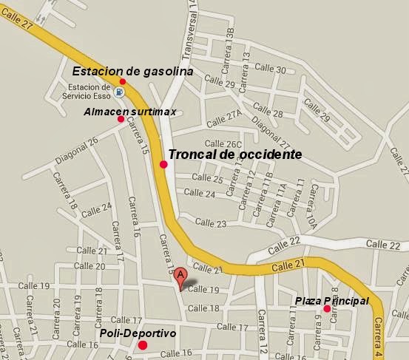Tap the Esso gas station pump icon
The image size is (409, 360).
[118, 92]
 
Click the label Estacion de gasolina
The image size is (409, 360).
[132, 71]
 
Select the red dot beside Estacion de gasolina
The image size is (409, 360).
[123, 81]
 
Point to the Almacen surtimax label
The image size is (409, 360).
[129, 110]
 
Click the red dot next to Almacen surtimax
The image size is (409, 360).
[121, 119]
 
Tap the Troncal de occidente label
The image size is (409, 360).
[234, 154]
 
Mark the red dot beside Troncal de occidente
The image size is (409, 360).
[163, 165]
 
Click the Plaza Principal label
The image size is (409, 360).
[331, 301]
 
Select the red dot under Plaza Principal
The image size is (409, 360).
[327, 308]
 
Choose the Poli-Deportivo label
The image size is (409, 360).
[138, 334]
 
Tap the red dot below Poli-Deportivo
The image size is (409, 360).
[143, 344]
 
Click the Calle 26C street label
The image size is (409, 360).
[223, 144]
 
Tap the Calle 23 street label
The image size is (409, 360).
[211, 223]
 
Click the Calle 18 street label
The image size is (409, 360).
[204, 308]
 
